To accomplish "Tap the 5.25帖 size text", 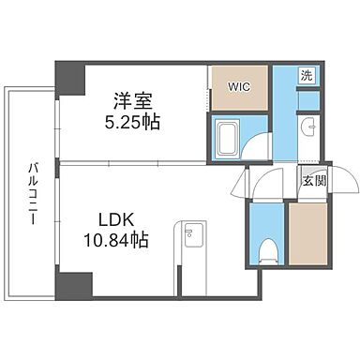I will pos(131,121).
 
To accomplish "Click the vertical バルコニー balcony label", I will pos(31,192).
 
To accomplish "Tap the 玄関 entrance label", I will pos(313,181).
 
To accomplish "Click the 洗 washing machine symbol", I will pos(307,75).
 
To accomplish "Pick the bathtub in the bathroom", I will pos(227,135).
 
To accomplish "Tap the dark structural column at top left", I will pos(68,74).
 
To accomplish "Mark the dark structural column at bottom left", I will pos(72,284).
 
